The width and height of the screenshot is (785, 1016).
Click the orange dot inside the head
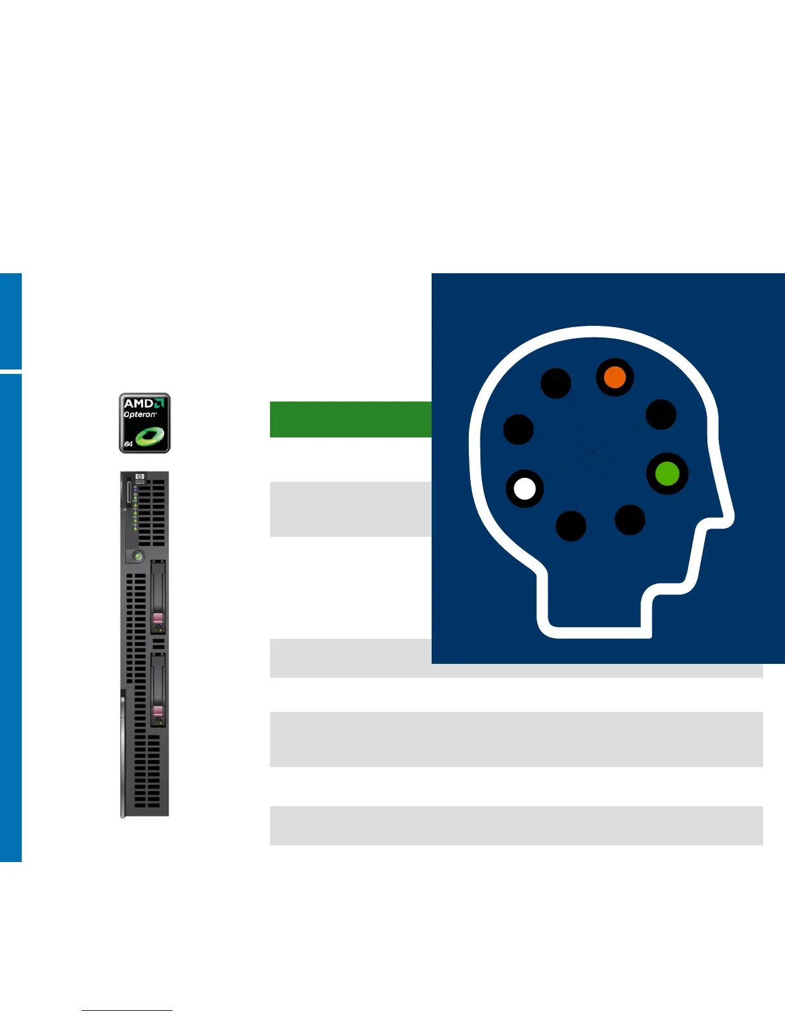tap(614, 377)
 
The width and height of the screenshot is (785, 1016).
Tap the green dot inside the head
tap(667, 474)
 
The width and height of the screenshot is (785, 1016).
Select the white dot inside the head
tap(525, 489)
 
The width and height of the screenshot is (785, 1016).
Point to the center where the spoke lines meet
tap(591, 452)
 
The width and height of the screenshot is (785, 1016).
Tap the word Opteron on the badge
tap(139, 414)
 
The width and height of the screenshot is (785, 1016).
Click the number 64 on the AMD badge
tap(128, 444)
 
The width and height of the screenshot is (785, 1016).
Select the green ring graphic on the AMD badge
tap(151, 437)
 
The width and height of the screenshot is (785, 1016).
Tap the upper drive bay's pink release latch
tap(158, 620)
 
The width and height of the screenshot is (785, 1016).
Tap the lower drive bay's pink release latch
tap(158, 712)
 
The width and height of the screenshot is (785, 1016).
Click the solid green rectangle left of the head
tap(350, 419)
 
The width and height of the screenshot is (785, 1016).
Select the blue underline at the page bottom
tap(127, 1010)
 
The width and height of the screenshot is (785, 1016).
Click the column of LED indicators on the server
tap(135, 507)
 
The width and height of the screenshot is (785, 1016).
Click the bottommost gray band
tap(516, 825)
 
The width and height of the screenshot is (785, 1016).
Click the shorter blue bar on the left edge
tap(10, 321)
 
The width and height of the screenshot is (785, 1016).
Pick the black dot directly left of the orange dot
tap(555, 384)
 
